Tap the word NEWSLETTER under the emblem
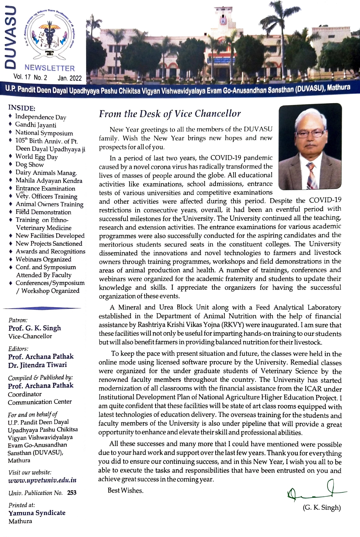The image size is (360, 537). point(49,68)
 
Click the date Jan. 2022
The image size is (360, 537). point(70,78)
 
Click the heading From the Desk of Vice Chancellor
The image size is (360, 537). point(170,114)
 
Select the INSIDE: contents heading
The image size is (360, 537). point(21,108)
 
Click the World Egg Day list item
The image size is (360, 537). point(36,157)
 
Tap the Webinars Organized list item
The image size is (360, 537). point(43,259)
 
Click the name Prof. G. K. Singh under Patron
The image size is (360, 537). point(35,328)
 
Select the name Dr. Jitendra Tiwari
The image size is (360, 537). point(37,365)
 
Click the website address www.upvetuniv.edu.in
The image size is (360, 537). point(42,480)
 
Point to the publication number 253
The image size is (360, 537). point(72,493)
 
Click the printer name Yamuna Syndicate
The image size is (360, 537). point(37,513)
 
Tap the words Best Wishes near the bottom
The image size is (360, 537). point(126,490)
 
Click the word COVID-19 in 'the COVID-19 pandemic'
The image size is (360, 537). point(226,158)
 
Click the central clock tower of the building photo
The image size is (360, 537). point(223,20)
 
